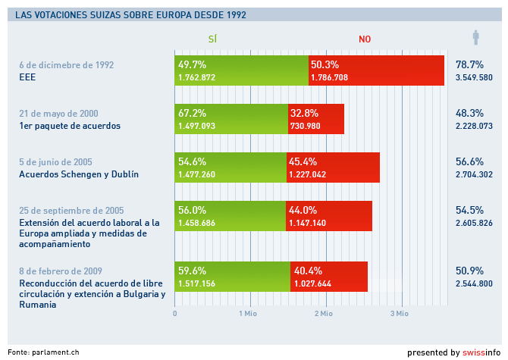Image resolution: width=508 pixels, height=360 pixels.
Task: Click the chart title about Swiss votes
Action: click(x=130, y=14)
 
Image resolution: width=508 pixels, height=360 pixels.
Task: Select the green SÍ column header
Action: click(x=213, y=39)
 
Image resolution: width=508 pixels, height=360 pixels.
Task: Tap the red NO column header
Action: click(x=365, y=39)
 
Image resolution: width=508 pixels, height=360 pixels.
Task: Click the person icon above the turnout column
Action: click(x=475, y=37)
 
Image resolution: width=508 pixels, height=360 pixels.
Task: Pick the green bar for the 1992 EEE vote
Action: click(x=241, y=70)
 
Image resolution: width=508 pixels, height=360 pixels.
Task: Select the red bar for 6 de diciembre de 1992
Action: click(x=377, y=70)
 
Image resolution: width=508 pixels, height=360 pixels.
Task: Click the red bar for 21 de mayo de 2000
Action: click(x=316, y=119)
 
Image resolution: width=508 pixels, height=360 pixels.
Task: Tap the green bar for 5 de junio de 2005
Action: click(x=230, y=167)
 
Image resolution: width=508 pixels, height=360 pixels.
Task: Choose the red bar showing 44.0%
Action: click(x=329, y=216)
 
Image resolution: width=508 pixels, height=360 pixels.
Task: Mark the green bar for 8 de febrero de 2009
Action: click(x=232, y=276)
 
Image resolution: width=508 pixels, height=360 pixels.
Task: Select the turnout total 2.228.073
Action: click(x=474, y=126)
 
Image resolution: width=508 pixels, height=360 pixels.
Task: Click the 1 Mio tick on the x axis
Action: click(x=249, y=312)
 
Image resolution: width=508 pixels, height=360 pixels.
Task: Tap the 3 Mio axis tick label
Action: click(x=399, y=312)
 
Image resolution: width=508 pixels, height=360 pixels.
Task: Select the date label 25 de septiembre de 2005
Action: click(x=71, y=210)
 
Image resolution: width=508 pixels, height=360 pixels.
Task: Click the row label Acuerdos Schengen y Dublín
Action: click(x=78, y=174)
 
